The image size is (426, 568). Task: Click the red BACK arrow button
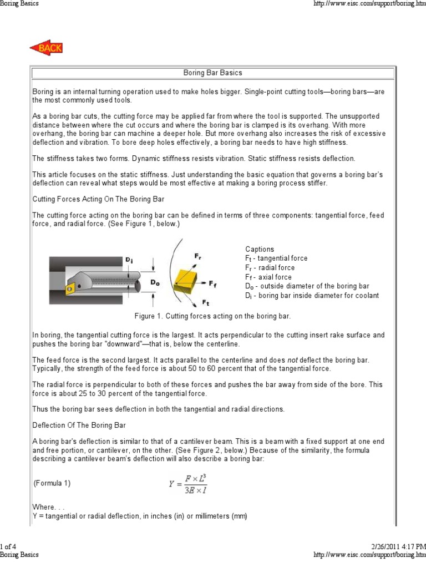(46, 48)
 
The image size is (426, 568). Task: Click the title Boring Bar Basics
(212, 73)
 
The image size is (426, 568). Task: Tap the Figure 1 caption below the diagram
(212, 316)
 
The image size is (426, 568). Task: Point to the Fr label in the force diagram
(197, 256)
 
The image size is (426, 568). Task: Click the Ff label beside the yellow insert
(213, 283)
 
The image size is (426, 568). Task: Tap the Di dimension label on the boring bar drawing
(129, 260)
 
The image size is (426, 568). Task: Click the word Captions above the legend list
(260, 249)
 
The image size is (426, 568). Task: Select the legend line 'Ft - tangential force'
(276, 258)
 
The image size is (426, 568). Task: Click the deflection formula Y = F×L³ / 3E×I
(189, 483)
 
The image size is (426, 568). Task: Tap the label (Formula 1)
(52, 483)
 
